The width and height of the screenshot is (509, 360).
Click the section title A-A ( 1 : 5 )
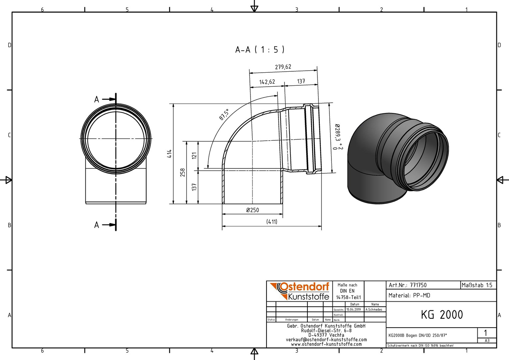260,50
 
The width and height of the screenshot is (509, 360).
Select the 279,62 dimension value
283,67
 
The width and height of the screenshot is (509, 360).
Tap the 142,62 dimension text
267,82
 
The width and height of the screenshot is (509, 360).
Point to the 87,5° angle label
224,114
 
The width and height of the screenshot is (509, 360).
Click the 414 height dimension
170,154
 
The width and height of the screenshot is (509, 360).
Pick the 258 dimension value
183,173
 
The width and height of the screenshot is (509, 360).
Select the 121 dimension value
194,156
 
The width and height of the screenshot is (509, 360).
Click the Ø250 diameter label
253,210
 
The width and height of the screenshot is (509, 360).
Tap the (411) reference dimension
272,222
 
